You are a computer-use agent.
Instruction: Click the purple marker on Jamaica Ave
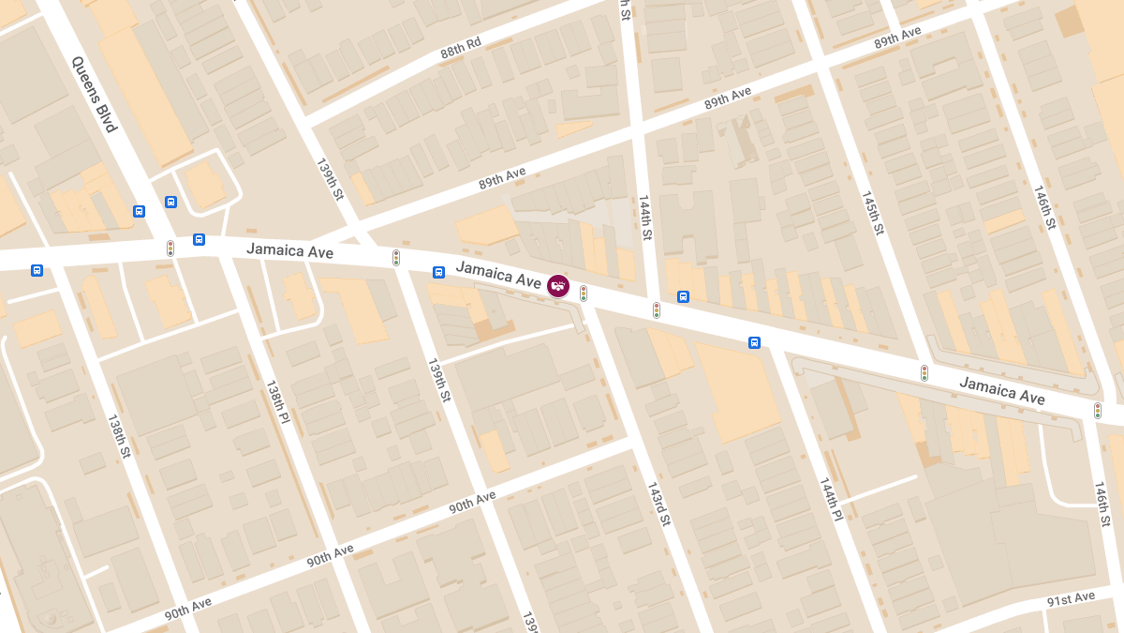pos(558,285)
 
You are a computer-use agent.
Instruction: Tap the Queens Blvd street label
pos(94,93)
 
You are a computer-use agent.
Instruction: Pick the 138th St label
pos(119,436)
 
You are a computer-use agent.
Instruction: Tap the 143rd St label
pos(658,504)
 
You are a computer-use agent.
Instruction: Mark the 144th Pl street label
pos(831,499)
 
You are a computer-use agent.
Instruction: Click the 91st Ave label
pos(1071,597)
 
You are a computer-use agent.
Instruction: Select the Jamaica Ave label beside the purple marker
pos(498,274)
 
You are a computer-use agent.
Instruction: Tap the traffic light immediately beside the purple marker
pos(584,294)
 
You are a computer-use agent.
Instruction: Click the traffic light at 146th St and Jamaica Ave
pos(1098,411)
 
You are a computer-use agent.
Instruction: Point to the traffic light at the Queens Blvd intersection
pos(170,249)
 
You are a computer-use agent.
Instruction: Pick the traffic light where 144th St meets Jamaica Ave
pos(657,309)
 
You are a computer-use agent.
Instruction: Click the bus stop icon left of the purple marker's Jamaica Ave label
pos(438,272)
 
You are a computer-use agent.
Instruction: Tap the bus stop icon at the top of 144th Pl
pos(754,342)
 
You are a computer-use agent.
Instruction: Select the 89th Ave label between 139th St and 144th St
pos(502,178)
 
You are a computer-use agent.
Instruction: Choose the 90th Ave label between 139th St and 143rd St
pos(472,502)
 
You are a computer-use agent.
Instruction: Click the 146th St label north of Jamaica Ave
pos(1044,208)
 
